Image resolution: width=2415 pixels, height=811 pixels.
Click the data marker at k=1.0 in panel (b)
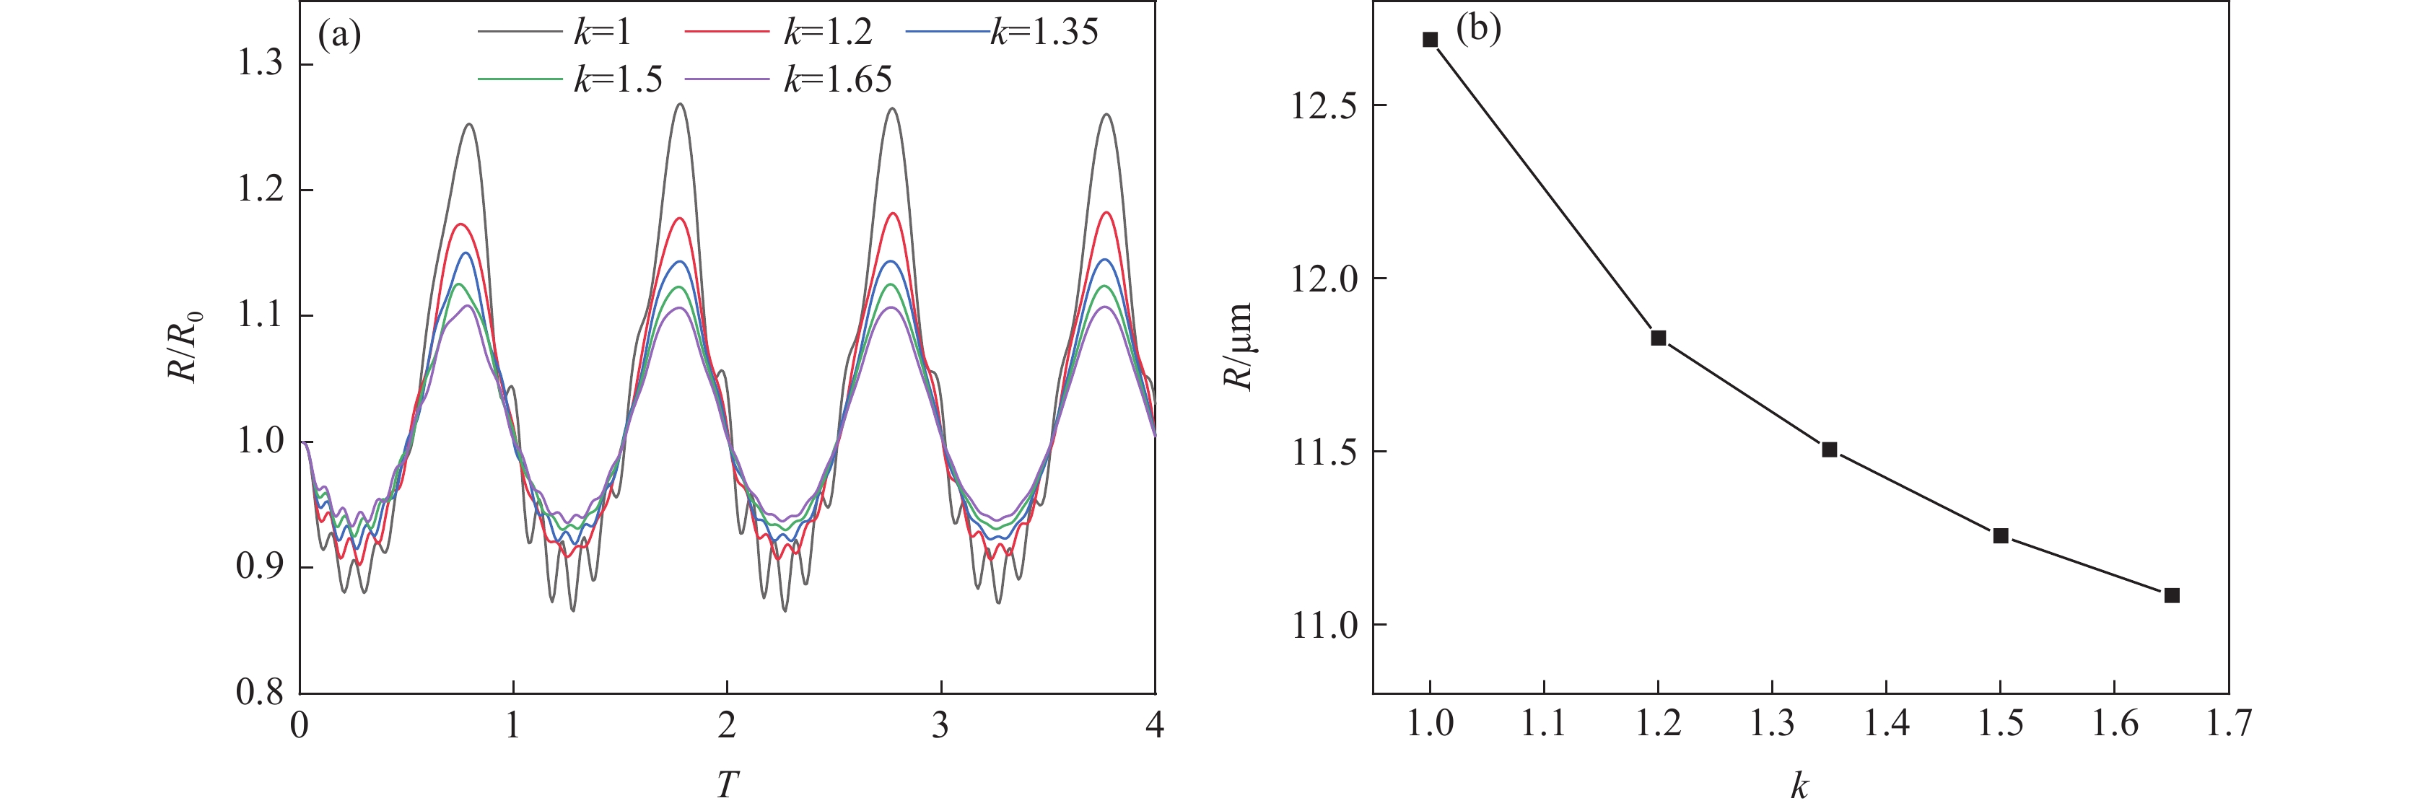click(x=1430, y=40)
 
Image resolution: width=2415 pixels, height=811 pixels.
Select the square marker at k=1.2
click(x=1659, y=338)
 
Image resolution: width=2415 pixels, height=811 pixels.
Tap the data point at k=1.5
click(x=2001, y=535)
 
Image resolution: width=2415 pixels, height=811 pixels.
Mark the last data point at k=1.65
click(x=2172, y=595)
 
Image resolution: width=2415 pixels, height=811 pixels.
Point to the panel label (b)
click(x=1478, y=28)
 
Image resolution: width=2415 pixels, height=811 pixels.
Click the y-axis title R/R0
click(x=185, y=347)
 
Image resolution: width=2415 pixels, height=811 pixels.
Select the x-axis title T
click(x=728, y=784)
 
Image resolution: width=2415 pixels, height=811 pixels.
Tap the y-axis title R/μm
click(x=1239, y=347)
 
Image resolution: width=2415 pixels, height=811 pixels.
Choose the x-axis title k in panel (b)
click(x=1799, y=786)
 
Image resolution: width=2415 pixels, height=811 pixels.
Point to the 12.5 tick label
click(x=1324, y=105)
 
